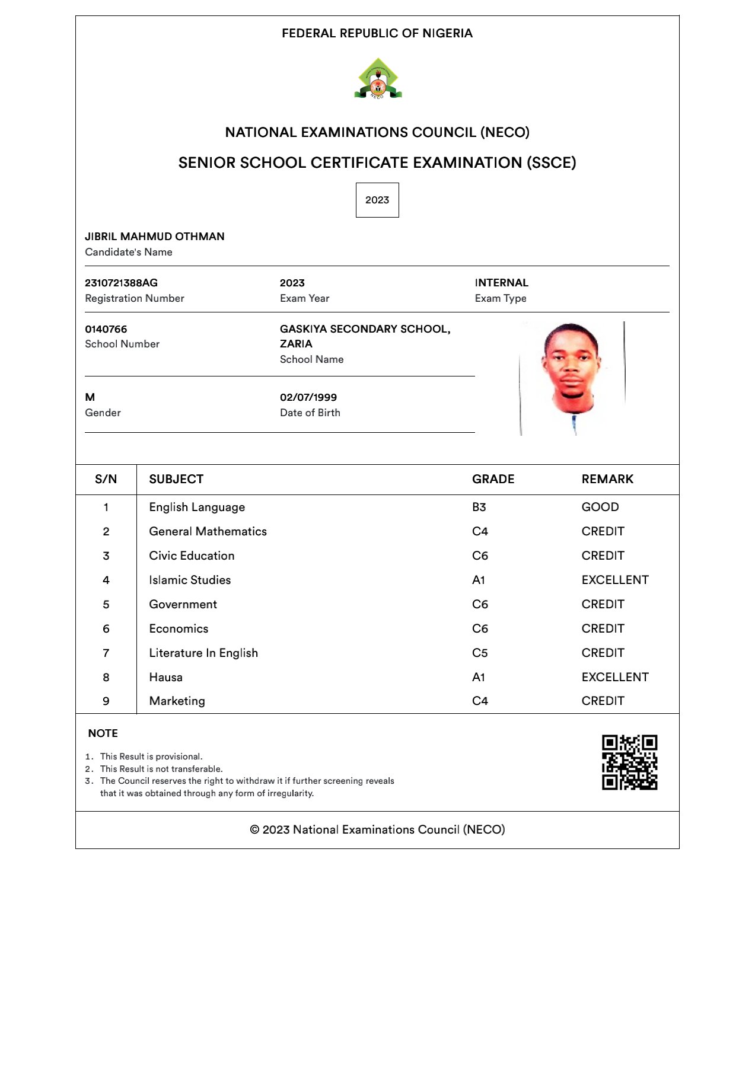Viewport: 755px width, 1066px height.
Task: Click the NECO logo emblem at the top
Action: point(378,78)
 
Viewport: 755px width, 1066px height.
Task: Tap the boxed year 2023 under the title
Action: point(377,200)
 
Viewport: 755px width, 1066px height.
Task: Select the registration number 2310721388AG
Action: point(121,283)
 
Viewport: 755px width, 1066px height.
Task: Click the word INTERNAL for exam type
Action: point(501,283)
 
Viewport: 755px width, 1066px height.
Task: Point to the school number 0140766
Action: point(106,329)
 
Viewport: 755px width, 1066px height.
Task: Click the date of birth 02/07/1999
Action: point(308,397)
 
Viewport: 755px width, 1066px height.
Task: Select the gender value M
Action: point(90,397)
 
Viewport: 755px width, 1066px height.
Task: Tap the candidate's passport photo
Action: point(571,378)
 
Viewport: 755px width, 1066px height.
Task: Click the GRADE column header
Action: point(493,479)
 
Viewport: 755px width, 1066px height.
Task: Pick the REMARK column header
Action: point(607,479)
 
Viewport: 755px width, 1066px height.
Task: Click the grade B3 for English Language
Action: point(479,507)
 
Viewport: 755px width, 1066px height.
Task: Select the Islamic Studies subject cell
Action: point(190,580)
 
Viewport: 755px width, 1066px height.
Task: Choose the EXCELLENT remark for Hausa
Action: point(615,677)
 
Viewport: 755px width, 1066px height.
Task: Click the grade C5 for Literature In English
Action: point(479,653)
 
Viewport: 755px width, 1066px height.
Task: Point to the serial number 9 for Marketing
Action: point(106,701)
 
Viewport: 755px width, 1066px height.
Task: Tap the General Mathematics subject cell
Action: point(208,531)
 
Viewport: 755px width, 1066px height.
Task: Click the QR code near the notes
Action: point(629,762)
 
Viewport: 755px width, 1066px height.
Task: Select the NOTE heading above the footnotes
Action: point(103,733)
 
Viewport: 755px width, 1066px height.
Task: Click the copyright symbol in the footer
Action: point(254,830)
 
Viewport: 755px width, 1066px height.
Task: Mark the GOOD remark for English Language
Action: point(600,507)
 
